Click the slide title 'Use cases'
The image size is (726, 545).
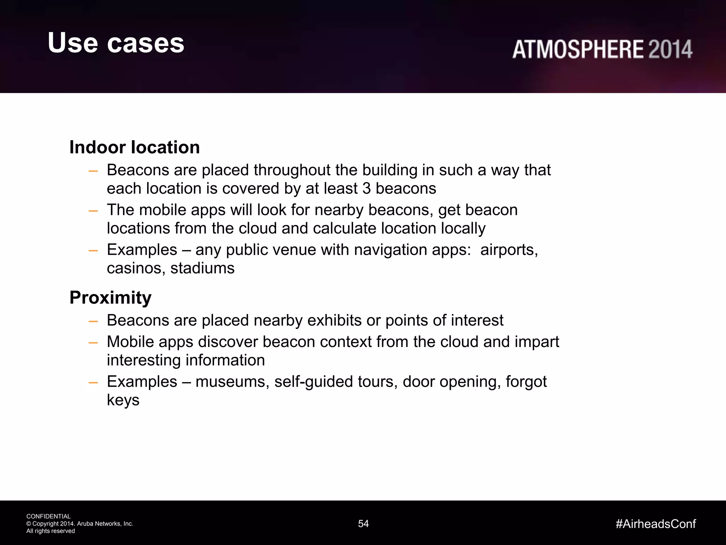point(116,43)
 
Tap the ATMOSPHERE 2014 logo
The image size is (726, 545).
point(602,49)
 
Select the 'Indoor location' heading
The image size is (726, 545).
point(134,147)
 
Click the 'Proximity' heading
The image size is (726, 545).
point(110,297)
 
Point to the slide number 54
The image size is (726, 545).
point(363,524)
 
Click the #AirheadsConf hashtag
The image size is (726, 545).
point(655,524)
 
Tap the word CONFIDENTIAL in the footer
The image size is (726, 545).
point(49,516)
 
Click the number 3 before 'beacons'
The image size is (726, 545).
point(367,188)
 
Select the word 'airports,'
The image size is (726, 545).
point(509,250)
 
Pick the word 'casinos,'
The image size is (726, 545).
point(136,268)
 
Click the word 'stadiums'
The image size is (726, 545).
point(202,268)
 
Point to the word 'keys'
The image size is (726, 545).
point(123,400)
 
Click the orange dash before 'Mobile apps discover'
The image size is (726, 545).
point(93,343)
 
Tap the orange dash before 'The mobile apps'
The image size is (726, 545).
point(93,211)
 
